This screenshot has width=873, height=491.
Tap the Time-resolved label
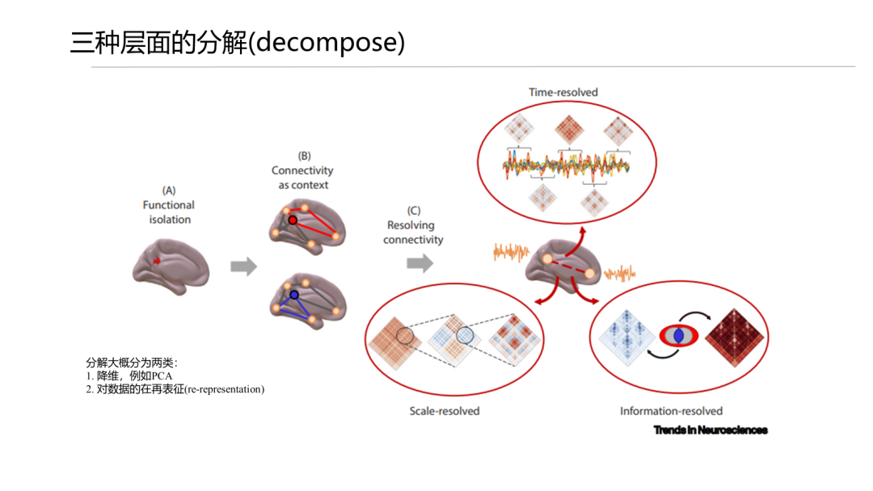coord(563,92)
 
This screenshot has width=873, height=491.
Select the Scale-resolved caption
coord(445,411)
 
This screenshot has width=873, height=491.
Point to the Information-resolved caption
coord(671,411)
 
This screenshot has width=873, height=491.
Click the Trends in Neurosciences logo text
coord(711,430)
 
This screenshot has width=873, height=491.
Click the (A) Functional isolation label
coord(169,204)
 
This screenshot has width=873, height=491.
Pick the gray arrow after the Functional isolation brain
coord(244,266)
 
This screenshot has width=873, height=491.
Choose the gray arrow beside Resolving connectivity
coord(420,263)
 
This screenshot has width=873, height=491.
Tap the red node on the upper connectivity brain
coord(293,220)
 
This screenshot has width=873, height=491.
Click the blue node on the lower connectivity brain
coord(294,295)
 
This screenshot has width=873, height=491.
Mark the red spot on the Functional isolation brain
coord(157,261)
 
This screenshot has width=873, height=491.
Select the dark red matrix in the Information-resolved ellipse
coord(734,338)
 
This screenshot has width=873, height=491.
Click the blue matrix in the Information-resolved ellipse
coord(627,338)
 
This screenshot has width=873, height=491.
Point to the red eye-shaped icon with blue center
coord(679,336)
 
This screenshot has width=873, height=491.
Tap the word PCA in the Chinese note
coord(162,376)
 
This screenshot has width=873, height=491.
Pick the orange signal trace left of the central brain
coord(511,252)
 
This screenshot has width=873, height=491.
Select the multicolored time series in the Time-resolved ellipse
coord(566,166)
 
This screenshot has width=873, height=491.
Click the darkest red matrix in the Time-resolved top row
coord(569,130)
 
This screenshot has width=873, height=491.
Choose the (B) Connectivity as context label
coord(302,170)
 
